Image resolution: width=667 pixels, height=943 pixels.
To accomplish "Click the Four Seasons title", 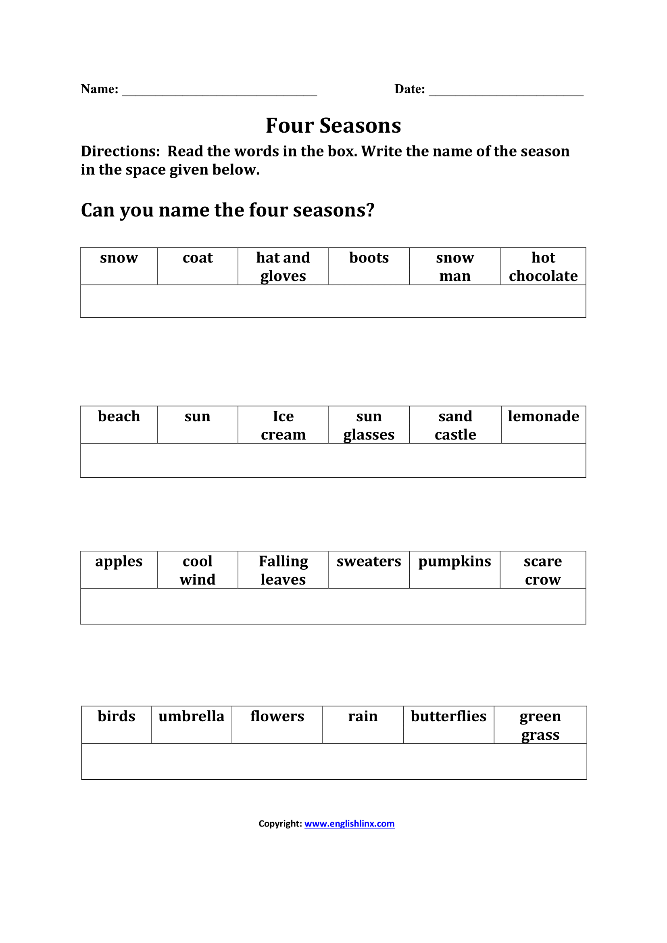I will pyautogui.click(x=333, y=126).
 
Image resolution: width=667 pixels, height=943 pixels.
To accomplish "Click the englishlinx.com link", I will pyautogui.click(x=349, y=824).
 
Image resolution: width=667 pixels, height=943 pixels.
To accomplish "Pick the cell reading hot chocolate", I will pyautogui.click(x=543, y=266).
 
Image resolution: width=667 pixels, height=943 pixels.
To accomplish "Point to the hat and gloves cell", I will pyautogui.click(x=283, y=266).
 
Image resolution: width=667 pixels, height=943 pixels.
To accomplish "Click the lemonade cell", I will pyautogui.click(x=543, y=424).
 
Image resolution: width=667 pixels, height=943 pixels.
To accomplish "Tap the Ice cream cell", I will pyautogui.click(x=283, y=425).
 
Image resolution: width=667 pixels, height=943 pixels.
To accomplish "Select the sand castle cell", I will pyautogui.click(x=455, y=425).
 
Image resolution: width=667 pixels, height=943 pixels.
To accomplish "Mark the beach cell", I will pyautogui.click(x=119, y=424).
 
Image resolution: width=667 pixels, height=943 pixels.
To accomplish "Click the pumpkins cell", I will pyautogui.click(x=454, y=569).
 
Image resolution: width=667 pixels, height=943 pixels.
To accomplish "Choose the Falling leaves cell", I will pyautogui.click(x=283, y=570).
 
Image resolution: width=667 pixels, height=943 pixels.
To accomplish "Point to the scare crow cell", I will pyautogui.click(x=542, y=570).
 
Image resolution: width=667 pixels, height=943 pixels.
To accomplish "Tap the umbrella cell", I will pyautogui.click(x=192, y=724).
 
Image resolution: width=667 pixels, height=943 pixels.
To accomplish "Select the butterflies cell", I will pyautogui.click(x=448, y=724).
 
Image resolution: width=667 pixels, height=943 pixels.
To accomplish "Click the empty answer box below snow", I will pyautogui.click(x=333, y=301).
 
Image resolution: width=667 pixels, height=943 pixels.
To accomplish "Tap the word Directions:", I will pyautogui.click(x=120, y=152).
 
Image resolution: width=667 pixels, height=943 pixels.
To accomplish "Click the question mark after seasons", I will pyautogui.click(x=370, y=210).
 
